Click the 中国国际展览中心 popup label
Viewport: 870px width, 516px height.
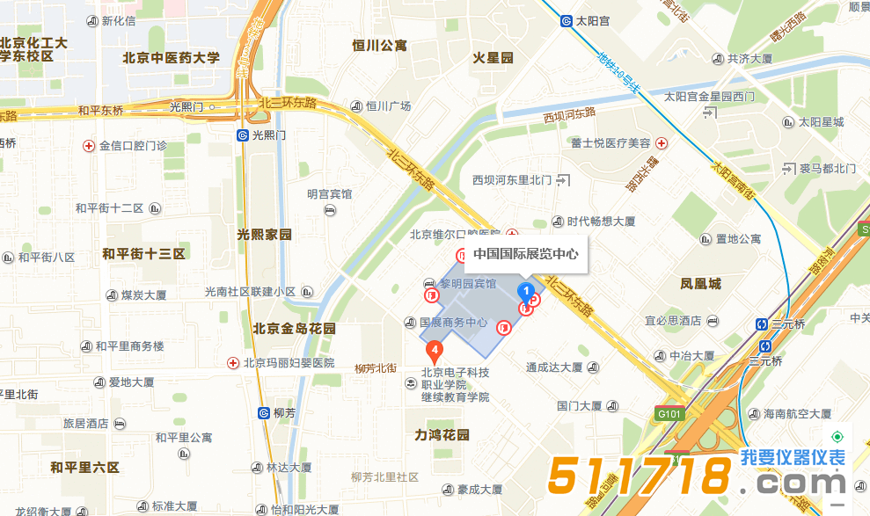click(526, 254)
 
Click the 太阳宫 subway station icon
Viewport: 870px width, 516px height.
click(567, 22)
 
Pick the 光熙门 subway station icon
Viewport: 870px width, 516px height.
click(242, 135)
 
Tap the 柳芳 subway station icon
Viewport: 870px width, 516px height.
click(264, 412)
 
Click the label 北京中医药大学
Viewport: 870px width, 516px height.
click(172, 58)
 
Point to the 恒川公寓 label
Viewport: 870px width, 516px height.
click(379, 46)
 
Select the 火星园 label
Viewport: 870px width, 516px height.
click(493, 58)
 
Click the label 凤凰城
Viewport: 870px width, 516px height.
click(700, 283)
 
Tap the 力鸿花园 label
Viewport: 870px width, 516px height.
click(442, 434)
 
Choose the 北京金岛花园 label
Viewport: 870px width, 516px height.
click(295, 329)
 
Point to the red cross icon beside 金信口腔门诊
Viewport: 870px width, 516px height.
click(88, 146)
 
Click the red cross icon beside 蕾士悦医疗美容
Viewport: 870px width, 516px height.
click(662, 143)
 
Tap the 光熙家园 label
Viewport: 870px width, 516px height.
click(264, 235)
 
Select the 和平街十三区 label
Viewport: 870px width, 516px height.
click(143, 254)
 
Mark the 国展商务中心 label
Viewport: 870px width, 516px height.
click(453, 323)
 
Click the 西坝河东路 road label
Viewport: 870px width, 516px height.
click(569, 114)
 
